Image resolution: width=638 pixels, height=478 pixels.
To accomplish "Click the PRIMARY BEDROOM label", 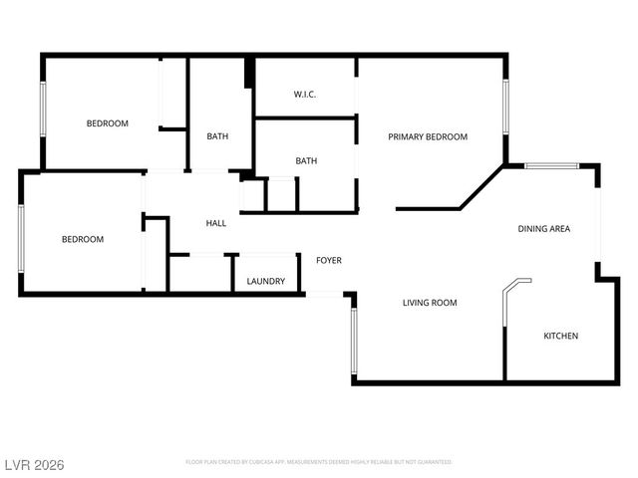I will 428,137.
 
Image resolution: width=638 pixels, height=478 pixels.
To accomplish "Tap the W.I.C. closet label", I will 305,95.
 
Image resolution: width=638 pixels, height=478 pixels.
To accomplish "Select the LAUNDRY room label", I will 266,282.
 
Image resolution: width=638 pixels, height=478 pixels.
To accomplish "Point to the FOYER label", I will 329,261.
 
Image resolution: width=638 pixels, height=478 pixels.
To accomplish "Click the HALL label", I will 215,223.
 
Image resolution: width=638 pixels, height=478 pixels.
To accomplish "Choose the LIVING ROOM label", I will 430,303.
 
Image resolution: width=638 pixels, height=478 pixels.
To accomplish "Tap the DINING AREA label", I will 543,229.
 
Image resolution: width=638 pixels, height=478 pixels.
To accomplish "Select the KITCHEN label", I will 560,336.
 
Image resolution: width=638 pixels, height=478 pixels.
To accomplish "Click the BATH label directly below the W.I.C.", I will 306,160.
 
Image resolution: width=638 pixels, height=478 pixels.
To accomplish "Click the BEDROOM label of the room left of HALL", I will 83,239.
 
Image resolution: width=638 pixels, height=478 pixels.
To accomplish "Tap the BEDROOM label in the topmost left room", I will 108,123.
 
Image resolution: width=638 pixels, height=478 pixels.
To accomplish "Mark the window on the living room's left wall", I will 352,340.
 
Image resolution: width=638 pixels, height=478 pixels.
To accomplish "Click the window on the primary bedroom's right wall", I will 505,107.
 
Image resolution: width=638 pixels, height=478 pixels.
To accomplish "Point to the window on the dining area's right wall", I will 597,224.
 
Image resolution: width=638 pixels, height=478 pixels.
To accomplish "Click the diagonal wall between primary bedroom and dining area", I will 480,188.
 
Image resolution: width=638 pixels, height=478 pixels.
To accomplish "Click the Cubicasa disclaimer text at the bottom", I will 319,462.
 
